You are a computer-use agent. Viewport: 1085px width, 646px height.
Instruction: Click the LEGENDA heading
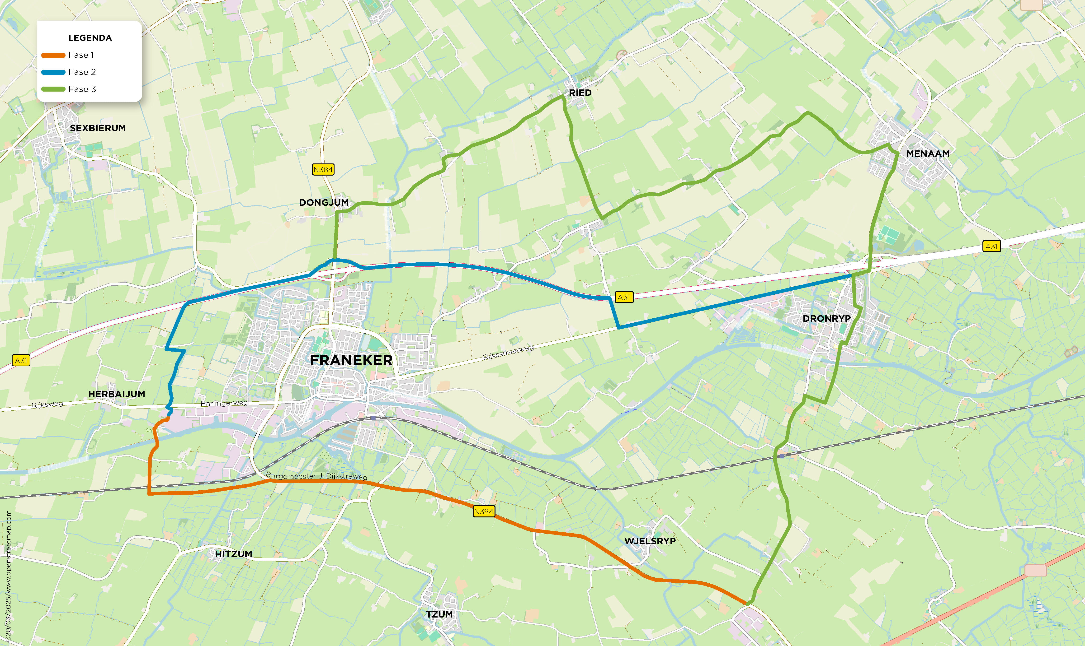[x=90, y=38]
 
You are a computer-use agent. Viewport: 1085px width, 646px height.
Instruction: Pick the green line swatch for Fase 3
[x=53, y=89]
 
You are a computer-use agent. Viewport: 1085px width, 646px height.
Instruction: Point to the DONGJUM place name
[x=324, y=202]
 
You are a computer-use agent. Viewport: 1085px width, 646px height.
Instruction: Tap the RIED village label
[x=580, y=93]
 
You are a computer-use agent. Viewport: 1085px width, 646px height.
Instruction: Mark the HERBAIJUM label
[x=117, y=394]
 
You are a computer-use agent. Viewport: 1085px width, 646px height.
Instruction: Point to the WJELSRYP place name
[x=650, y=541]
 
